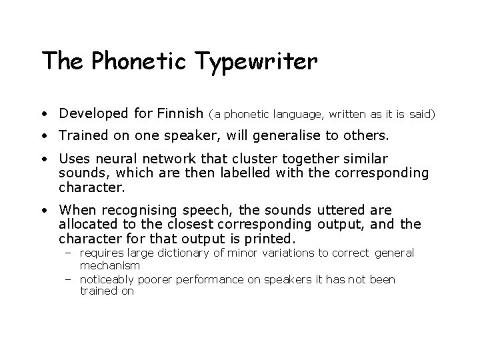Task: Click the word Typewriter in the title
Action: [x=257, y=62]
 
